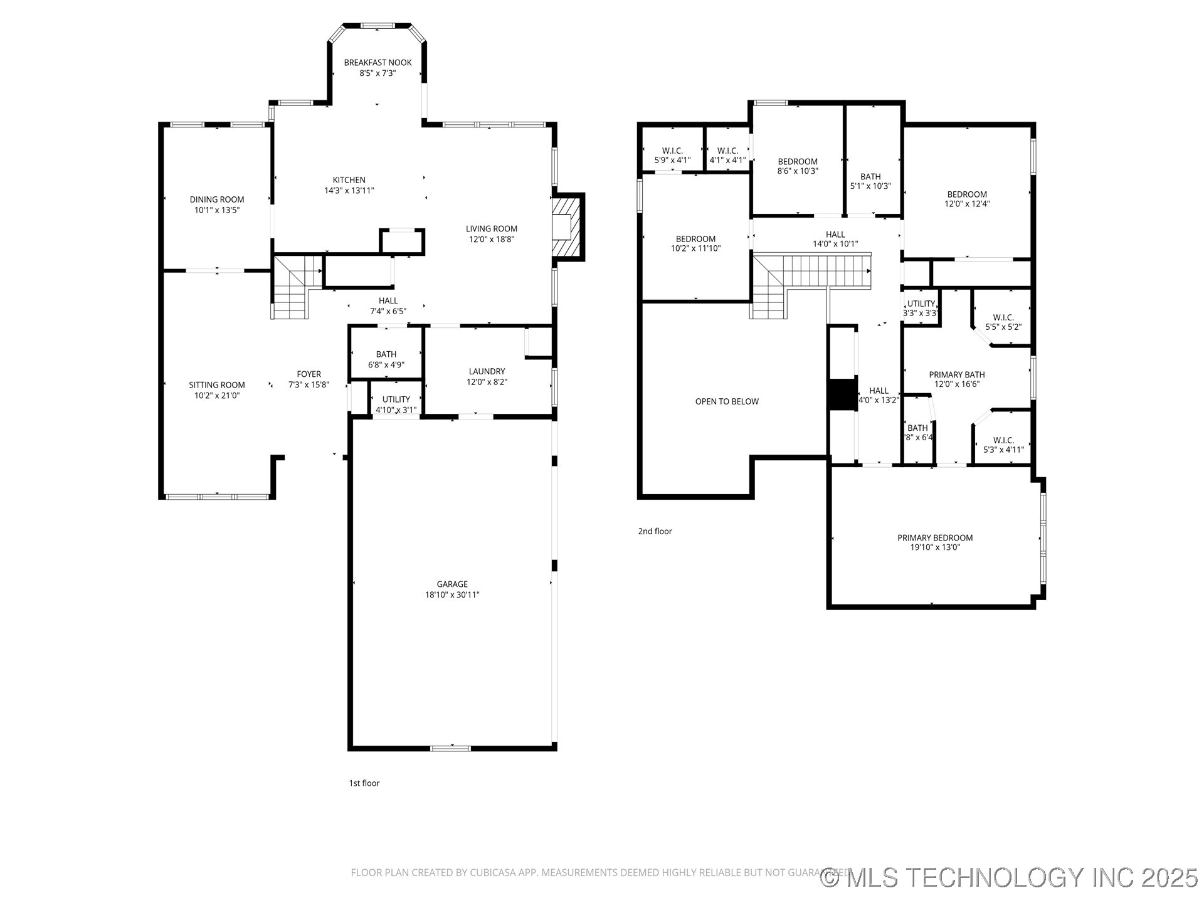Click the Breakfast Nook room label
coord(378,63)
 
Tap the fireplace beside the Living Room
coord(568,226)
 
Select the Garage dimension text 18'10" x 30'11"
coord(451,594)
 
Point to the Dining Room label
coord(217,200)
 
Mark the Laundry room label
coord(486,371)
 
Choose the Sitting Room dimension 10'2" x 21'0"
coord(217,395)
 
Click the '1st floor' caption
coord(364,783)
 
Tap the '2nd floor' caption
coord(655,531)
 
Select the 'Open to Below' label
coord(727,401)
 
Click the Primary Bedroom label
coord(934,537)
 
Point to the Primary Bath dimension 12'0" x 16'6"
coord(956,384)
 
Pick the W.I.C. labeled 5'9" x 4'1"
coord(672,156)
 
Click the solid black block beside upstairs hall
coord(842,394)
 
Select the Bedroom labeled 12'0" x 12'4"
coord(966,199)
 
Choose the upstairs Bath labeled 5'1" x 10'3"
coord(870,181)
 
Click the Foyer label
coord(309,374)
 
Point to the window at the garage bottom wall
coord(450,747)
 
